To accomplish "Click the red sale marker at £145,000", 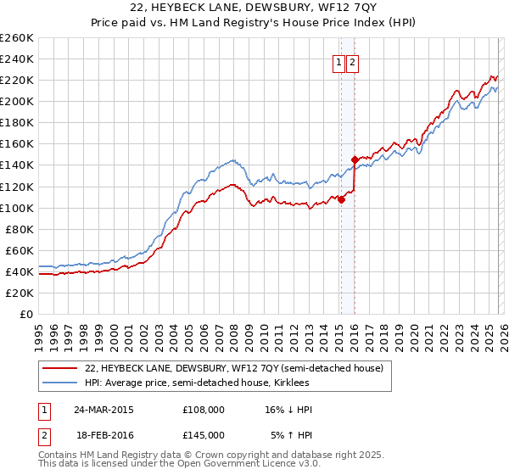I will tap(355, 159).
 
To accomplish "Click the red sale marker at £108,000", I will tap(341, 199).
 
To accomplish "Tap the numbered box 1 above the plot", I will tap(338, 61).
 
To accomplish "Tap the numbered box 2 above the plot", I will tap(352, 61).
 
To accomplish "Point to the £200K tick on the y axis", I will tap(16, 101).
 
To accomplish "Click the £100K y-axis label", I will tap(16, 208).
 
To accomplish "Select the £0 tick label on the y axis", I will tap(25, 314).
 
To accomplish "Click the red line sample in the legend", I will tap(60, 368).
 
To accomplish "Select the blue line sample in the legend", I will tap(60, 383).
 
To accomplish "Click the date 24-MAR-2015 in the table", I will tap(103, 410).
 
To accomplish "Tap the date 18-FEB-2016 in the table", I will tap(103, 435).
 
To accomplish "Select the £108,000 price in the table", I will tap(203, 410).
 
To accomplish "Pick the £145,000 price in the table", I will tap(203, 435).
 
